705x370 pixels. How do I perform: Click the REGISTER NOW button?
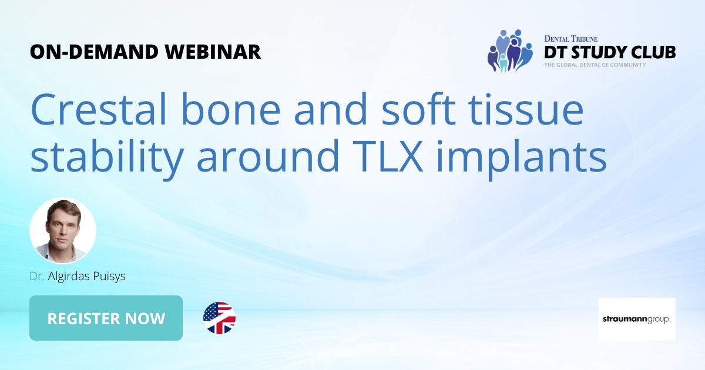click(106, 318)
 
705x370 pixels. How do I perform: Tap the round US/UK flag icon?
click(219, 318)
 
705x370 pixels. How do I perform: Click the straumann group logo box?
click(637, 319)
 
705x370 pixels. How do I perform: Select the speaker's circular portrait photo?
click(63, 231)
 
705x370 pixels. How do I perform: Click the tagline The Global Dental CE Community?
click(594, 65)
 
